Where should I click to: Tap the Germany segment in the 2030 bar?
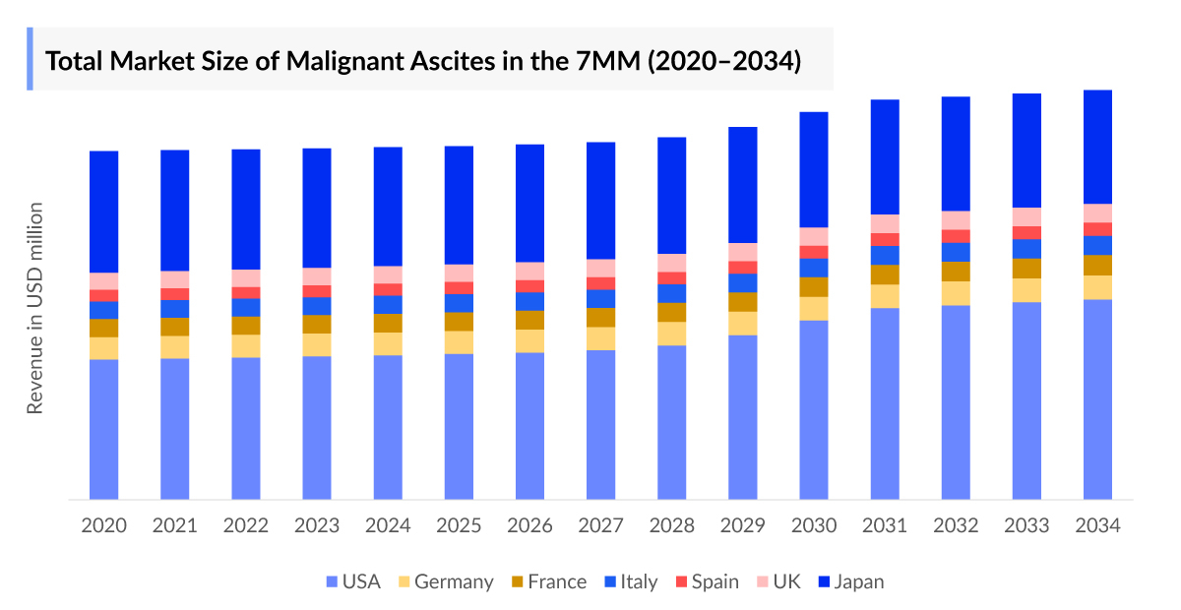tap(814, 308)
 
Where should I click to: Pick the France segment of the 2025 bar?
tap(459, 322)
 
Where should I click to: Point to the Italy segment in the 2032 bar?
tap(956, 252)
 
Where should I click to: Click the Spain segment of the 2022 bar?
tap(246, 292)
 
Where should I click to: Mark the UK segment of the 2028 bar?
tap(672, 263)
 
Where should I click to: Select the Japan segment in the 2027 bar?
tap(600, 201)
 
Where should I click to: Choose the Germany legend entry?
tap(444, 581)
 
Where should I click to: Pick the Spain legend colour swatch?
tap(680, 582)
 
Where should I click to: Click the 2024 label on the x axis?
tap(388, 525)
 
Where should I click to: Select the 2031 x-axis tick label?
tap(885, 525)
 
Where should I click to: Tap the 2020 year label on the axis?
tap(103, 525)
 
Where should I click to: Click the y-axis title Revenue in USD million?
tap(35, 308)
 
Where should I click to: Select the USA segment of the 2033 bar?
tap(1026, 400)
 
